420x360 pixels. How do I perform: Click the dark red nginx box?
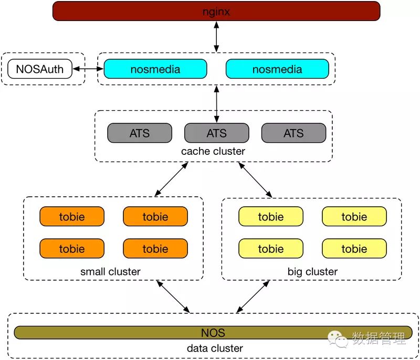216,11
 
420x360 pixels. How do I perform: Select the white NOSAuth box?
40,69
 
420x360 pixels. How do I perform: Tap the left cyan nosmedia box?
155,69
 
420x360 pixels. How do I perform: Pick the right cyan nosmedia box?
277,69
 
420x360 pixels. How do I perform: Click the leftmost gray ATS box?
140,133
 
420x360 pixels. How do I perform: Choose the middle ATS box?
217,133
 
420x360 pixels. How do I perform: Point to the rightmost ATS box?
294,133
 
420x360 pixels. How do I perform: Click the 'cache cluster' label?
213,151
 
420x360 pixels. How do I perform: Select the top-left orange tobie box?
72,216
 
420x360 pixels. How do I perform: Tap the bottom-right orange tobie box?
155,248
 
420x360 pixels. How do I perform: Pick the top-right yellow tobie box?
354,216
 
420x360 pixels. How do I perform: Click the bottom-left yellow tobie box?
271,248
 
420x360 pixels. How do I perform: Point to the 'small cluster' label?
110,272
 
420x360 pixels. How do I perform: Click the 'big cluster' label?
312,272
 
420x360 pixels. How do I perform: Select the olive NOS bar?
213,332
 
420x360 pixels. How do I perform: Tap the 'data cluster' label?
215,348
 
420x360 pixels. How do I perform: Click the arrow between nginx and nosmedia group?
216,37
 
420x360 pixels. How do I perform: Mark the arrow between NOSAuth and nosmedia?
88,69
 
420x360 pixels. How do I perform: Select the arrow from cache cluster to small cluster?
172,179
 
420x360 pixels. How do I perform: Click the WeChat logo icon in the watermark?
338,339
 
